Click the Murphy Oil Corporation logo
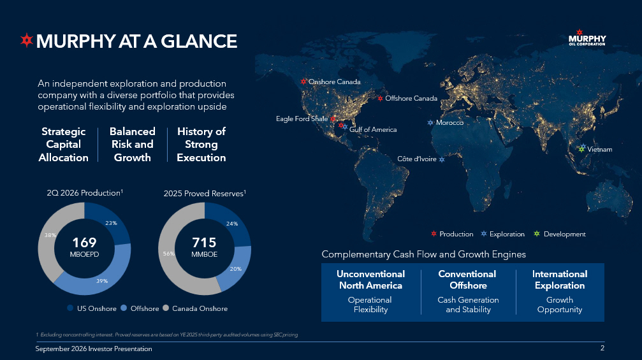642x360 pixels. click(587, 38)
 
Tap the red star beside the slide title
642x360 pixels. click(27, 40)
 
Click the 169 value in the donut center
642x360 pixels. click(84, 243)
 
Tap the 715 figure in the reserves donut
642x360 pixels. click(204, 243)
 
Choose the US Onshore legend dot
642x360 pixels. click(70, 308)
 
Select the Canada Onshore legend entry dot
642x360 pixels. click(166, 308)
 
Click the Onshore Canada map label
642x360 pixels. click(335, 82)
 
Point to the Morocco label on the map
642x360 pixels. click(449, 123)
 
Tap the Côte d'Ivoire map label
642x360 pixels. click(417, 159)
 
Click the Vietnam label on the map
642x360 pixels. click(600, 149)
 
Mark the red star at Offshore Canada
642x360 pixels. click(381, 98)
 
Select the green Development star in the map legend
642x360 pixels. click(537, 234)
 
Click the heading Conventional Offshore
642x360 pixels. click(467, 280)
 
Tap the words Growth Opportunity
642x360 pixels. click(560, 305)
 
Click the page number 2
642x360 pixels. click(602, 348)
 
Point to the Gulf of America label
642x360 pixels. click(373, 130)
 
